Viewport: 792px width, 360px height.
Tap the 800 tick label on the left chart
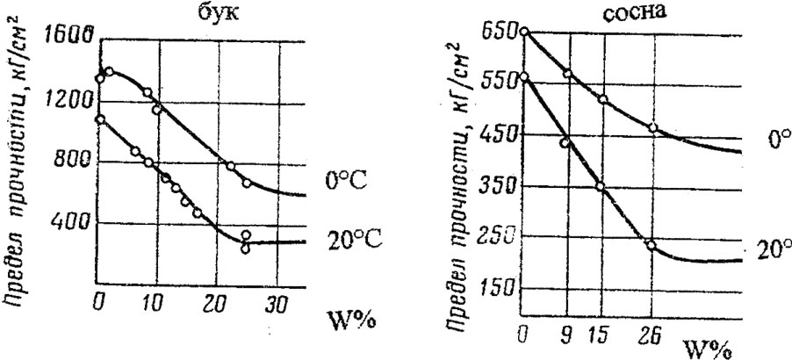(x=76, y=162)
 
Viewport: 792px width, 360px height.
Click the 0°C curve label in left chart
(x=337, y=181)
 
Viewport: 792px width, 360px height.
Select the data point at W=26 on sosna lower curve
(x=651, y=246)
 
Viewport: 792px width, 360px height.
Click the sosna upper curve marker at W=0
(x=524, y=32)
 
